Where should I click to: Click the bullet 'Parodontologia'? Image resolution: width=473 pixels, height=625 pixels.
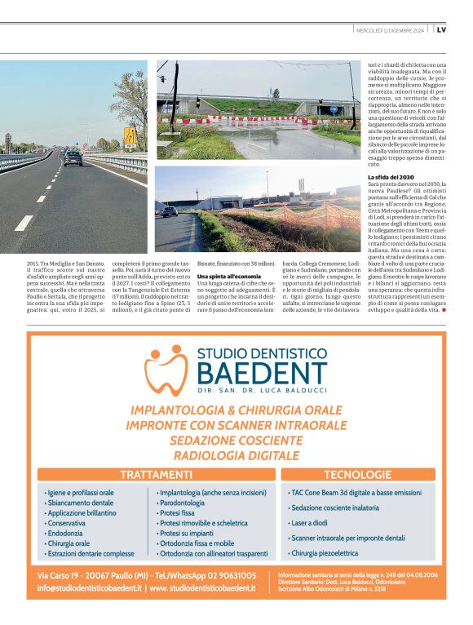click(183, 503)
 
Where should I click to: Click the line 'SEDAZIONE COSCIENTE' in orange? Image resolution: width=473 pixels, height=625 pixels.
click(236, 440)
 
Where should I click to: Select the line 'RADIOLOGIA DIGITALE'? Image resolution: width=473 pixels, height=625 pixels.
click(236, 455)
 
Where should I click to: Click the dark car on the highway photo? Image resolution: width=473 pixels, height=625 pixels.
click(73, 157)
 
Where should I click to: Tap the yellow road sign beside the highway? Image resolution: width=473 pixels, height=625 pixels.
click(130, 133)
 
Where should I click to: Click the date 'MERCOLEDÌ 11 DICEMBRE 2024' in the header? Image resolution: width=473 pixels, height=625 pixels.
click(390, 30)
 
